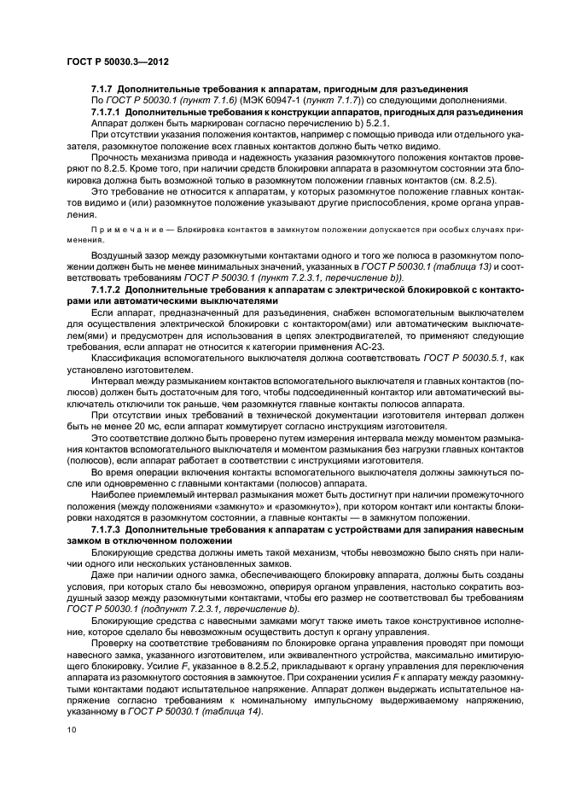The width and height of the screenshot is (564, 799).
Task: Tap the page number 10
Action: point(72,730)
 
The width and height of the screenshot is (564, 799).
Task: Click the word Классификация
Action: point(125,362)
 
